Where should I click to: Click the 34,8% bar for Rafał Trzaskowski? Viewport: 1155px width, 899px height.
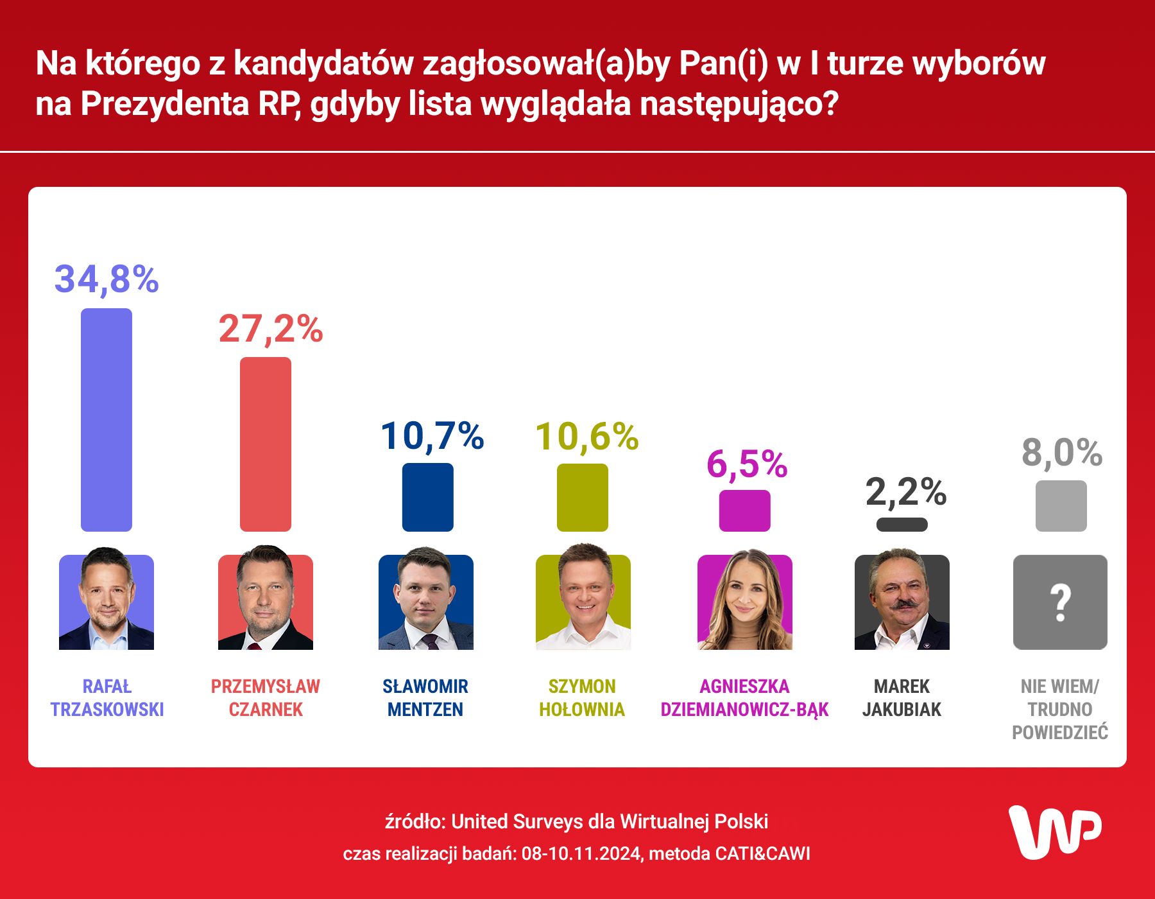(x=107, y=420)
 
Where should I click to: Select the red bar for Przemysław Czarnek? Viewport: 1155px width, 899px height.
(x=266, y=444)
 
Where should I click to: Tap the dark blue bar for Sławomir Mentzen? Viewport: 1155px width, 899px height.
(x=427, y=497)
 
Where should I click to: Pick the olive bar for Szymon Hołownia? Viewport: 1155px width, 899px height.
(x=582, y=498)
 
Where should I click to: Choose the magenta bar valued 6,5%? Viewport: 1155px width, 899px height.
(x=744, y=511)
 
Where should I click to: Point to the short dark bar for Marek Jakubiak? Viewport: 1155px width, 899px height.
(x=902, y=525)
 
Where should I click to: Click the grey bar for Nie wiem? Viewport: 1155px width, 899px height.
(x=1061, y=506)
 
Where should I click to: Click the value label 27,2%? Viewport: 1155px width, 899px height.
(x=271, y=329)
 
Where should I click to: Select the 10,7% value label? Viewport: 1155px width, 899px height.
(x=432, y=436)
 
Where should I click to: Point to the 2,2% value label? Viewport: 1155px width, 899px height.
(x=905, y=493)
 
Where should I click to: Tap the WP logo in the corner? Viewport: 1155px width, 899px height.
(x=1055, y=832)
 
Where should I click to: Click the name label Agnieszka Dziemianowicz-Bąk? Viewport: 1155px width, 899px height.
(x=744, y=698)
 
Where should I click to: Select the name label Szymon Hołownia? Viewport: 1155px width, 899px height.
(x=582, y=698)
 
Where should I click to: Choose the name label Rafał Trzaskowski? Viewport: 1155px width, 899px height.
(x=107, y=698)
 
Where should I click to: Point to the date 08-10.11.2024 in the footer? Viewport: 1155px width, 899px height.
(x=581, y=853)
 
